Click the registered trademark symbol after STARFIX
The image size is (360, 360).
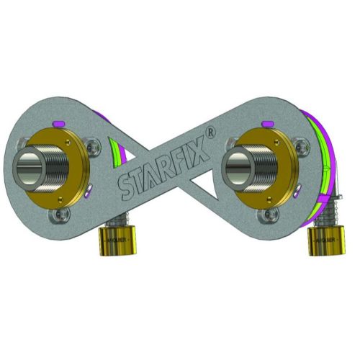(x=210, y=132)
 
